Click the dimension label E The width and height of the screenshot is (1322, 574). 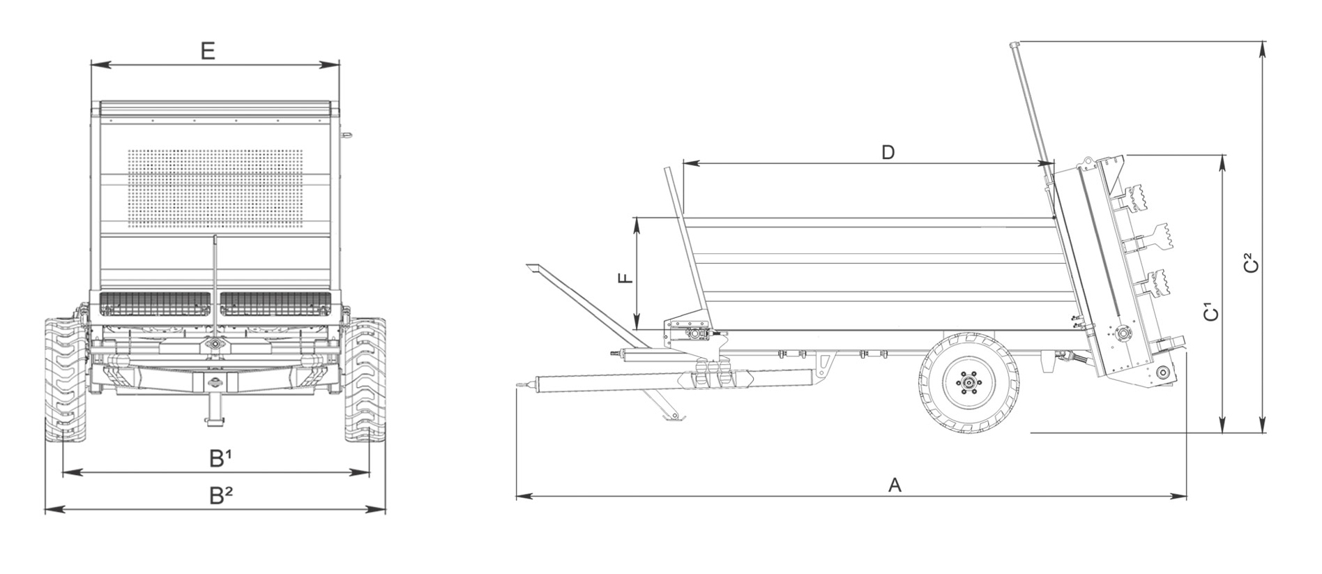click(208, 51)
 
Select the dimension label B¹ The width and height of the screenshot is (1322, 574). click(221, 458)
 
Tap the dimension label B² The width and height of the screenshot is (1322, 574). click(222, 495)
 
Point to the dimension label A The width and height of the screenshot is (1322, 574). click(895, 485)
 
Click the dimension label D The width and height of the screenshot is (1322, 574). click(888, 152)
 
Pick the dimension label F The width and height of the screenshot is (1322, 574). click(626, 278)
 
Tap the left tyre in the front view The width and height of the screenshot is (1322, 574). click(67, 381)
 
